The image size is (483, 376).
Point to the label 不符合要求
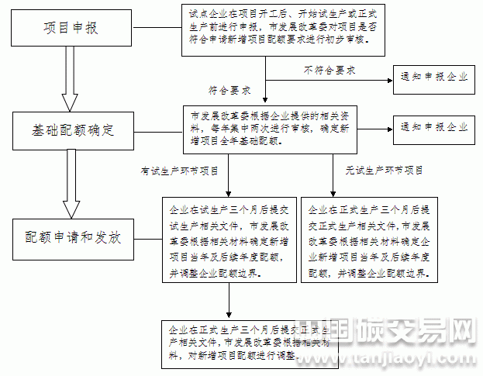click(329, 70)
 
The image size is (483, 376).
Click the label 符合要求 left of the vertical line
click(230, 90)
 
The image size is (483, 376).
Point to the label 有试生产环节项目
click(179, 170)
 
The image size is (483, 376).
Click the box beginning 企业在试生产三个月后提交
click(228, 241)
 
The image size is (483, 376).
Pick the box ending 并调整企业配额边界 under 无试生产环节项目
click(371, 241)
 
